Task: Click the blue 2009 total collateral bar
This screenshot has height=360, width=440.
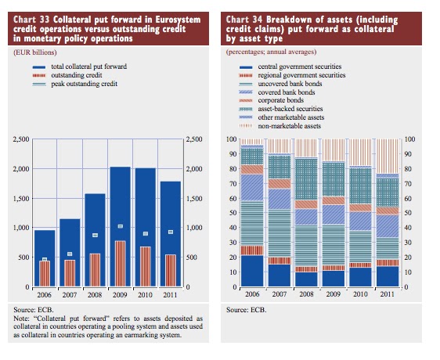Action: [120, 227]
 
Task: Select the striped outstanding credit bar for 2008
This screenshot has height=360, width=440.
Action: [95, 270]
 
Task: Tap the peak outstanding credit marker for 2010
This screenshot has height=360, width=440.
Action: [146, 234]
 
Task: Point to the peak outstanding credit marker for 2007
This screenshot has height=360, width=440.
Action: [70, 254]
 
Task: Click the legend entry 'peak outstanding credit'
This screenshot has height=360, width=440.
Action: [75, 84]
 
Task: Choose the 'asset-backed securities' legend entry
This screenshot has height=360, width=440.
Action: [280, 109]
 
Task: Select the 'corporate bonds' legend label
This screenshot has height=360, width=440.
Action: [280, 100]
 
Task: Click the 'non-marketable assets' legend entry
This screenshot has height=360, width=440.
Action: [280, 126]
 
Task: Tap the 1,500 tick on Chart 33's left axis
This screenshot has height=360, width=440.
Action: [21, 198]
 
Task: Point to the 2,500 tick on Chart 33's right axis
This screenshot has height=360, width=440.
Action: [194, 139]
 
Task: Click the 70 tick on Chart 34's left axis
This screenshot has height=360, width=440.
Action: [233, 183]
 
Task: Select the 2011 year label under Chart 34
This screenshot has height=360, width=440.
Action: [387, 294]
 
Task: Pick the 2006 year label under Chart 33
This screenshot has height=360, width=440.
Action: [45, 295]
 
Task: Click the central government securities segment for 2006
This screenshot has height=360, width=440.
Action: [252, 271]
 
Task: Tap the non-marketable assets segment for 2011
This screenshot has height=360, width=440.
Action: [388, 157]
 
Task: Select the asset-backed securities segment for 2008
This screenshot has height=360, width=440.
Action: [306, 179]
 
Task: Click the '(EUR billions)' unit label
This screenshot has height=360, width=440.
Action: [35, 52]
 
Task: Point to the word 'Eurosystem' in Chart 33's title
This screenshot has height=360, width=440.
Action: [178, 20]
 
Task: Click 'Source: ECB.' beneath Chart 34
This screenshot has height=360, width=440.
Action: [246, 310]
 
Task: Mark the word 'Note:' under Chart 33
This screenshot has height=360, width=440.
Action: [21, 319]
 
